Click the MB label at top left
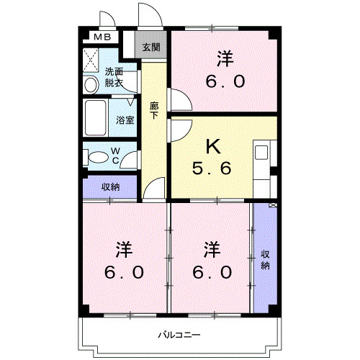click(100, 37)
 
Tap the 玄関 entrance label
click(151, 48)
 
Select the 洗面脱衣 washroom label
click(114, 77)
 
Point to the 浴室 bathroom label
click(125, 120)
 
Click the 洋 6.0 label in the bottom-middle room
click(212, 261)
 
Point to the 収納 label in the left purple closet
click(110, 187)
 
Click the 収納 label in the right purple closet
click(265, 260)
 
